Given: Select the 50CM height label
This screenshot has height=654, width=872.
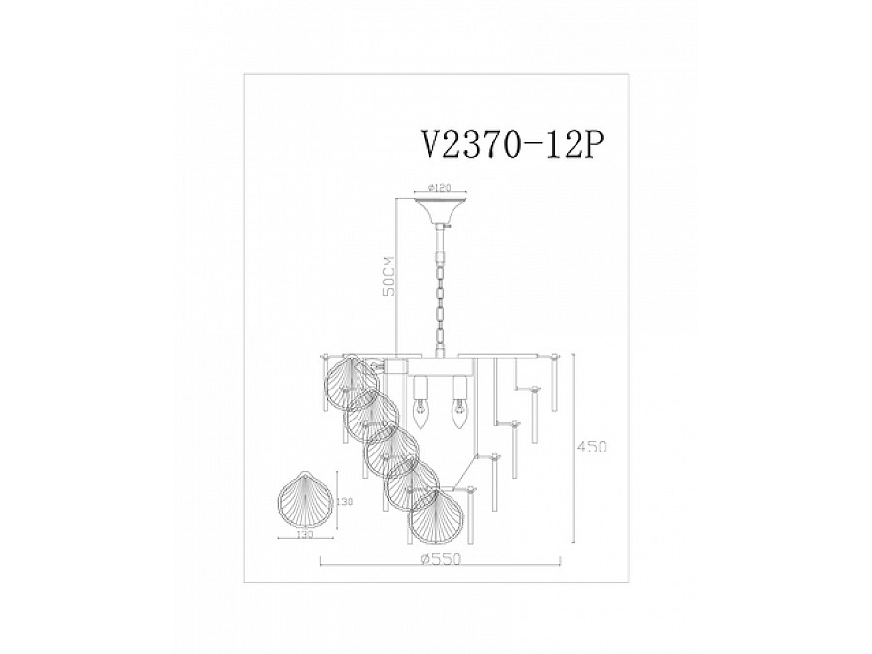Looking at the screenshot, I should [x=389, y=276].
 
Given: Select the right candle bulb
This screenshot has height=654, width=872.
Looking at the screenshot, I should [x=454, y=415].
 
